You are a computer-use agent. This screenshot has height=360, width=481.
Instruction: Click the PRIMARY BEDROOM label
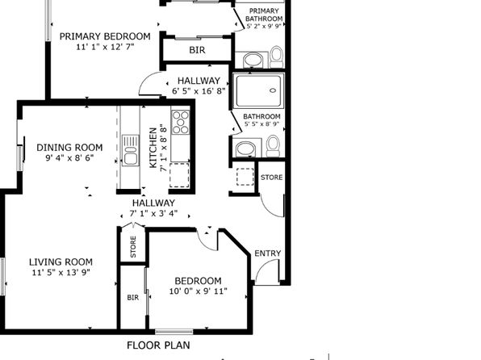(105, 36)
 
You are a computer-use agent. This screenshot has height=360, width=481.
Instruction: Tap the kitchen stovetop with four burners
(181, 123)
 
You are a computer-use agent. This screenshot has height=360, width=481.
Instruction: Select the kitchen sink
(131, 150)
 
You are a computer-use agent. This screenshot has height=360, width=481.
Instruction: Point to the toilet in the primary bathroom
(277, 57)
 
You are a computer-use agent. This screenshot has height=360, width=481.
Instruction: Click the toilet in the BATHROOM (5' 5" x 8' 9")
(273, 146)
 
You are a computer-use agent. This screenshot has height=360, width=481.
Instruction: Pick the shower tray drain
(273, 90)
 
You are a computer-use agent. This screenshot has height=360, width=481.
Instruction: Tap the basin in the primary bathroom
(253, 61)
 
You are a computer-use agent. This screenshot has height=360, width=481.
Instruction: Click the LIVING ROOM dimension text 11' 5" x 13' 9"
(61, 273)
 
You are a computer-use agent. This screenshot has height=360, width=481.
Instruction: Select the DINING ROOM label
(69, 148)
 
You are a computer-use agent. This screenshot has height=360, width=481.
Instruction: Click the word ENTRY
(268, 253)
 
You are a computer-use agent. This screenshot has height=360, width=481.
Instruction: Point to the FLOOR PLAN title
(159, 345)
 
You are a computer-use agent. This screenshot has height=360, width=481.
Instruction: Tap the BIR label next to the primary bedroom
(197, 50)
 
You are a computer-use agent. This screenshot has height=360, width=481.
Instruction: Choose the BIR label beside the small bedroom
(133, 297)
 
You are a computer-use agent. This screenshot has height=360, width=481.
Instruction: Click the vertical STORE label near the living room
(133, 247)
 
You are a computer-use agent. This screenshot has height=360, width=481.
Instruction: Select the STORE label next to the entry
(271, 178)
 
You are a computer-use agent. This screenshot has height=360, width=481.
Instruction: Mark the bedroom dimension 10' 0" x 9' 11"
(199, 291)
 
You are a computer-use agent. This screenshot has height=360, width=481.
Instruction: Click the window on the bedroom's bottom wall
(174, 332)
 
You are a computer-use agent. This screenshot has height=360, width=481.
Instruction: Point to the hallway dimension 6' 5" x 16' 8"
(199, 91)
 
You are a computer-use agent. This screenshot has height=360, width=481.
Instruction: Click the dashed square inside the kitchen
(179, 175)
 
